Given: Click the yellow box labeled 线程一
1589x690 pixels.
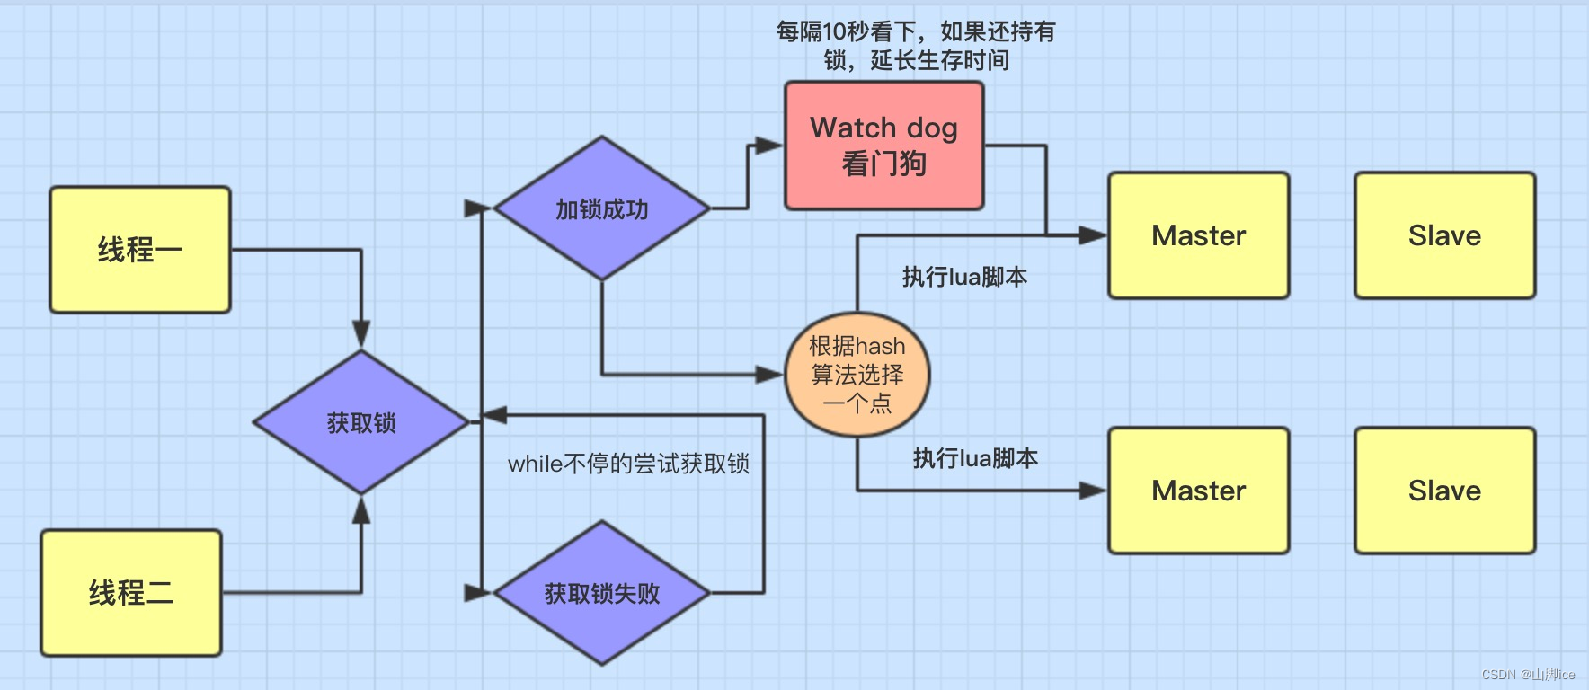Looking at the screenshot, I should pos(140,250).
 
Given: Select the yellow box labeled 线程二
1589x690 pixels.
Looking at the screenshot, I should pos(131,593).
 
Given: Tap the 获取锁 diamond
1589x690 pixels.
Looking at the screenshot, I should pos(361,422).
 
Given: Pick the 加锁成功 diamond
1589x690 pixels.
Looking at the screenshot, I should pos(602,209).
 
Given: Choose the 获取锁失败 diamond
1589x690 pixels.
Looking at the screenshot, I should pos(602,593).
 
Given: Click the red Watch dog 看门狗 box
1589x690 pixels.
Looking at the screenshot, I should pos(884,146).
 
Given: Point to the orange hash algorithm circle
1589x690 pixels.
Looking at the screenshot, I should pos(857,374).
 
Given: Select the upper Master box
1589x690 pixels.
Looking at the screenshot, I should pos(1199,235).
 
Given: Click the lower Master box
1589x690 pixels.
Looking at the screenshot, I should pos(1199,491).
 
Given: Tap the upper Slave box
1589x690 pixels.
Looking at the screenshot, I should pos(1445,235).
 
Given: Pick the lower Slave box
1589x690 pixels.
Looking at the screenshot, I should pos(1445,491).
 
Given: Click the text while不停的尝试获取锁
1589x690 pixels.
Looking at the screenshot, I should pos(628,464).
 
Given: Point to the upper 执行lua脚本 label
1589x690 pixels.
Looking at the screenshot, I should pos(964,277).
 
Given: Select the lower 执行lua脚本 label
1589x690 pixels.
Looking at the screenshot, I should pos(975,458).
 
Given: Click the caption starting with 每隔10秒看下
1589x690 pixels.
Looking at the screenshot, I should pos(916,46).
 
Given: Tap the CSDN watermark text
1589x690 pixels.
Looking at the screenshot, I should pos(1528,674).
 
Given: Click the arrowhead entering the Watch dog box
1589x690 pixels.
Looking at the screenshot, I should pos(770,146).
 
